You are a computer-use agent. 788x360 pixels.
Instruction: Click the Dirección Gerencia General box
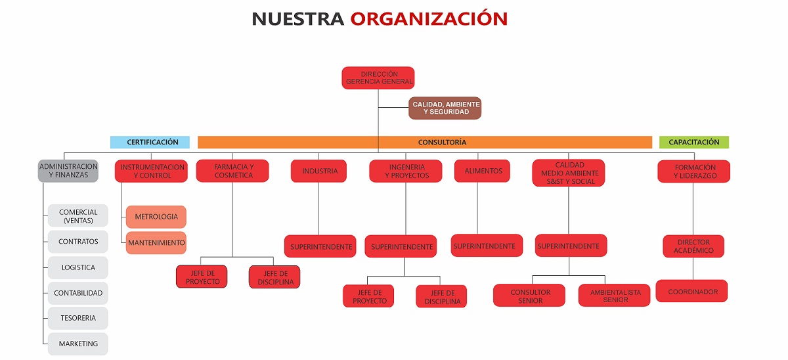pyautogui.click(x=378, y=78)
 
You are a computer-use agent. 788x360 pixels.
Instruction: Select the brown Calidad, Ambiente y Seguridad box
pyautogui.click(x=445, y=108)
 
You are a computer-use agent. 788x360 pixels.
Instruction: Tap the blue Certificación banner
pyautogui.click(x=150, y=142)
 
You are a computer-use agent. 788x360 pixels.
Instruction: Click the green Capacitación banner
pyautogui.click(x=694, y=142)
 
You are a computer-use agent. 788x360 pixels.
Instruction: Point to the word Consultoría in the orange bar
pyautogui.click(x=442, y=142)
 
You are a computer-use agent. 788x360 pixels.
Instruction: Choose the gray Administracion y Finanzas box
pyautogui.click(x=68, y=171)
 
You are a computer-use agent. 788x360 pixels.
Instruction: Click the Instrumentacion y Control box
pyautogui.click(x=151, y=171)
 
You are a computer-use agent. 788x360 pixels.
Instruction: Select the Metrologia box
pyautogui.click(x=156, y=217)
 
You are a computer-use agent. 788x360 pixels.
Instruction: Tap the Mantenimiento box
pyautogui.click(x=156, y=243)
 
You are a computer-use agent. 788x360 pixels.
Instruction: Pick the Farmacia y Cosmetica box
pyautogui.click(x=232, y=171)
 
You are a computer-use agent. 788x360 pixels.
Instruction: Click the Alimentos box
pyautogui.click(x=482, y=171)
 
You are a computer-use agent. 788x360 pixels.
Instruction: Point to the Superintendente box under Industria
pyautogui.click(x=320, y=246)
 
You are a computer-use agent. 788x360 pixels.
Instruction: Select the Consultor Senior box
pyautogui.click(x=529, y=296)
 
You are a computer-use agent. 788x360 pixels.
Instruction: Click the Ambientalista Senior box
pyautogui.click(x=614, y=296)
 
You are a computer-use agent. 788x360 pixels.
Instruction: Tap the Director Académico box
pyautogui.click(x=693, y=246)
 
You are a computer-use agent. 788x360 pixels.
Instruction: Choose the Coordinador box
pyautogui.click(x=692, y=291)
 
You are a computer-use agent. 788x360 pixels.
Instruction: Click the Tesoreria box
pyautogui.click(x=78, y=318)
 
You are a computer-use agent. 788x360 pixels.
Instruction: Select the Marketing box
pyautogui.click(x=78, y=344)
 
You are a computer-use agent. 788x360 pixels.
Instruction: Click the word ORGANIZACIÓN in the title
pyautogui.click(x=429, y=18)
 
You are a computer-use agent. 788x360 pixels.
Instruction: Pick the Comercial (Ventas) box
pyautogui.click(x=78, y=215)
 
